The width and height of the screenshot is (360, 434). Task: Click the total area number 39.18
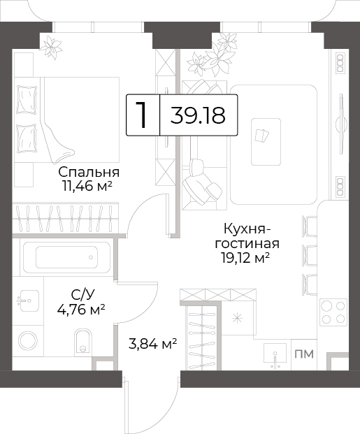pyautogui.click(x=198, y=115)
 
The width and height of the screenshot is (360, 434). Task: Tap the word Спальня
pyautogui.click(x=89, y=172)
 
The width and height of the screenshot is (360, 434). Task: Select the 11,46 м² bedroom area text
pyautogui.click(x=87, y=187)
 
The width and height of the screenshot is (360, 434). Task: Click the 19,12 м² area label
pyautogui.click(x=245, y=259)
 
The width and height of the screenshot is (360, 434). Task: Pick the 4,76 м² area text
pyautogui.click(x=81, y=310)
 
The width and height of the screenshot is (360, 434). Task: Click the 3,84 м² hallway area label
pyautogui.click(x=153, y=345)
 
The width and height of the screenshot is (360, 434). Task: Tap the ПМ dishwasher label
pyautogui.click(x=304, y=354)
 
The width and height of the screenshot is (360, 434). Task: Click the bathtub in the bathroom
pyautogui.click(x=66, y=257)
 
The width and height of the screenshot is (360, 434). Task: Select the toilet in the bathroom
pyautogui.click(x=83, y=342)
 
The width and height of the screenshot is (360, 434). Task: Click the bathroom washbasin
pyautogui.click(x=28, y=301)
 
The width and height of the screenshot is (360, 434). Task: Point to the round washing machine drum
pyautogui.click(x=28, y=341)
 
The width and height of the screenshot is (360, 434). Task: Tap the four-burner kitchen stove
pyautogui.click(x=333, y=312)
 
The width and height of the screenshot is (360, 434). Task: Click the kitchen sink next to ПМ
pyautogui.click(x=275, y=356)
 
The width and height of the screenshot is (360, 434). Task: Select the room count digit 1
pyautogui.click(x=142, y=115)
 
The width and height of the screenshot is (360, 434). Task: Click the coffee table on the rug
pyautogui.click(x=266, y=142)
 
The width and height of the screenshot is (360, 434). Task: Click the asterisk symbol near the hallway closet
pyautogui.click(x=237, y=319)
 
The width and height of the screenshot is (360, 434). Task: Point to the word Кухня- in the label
pyautogui.click(x=247, y=230)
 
